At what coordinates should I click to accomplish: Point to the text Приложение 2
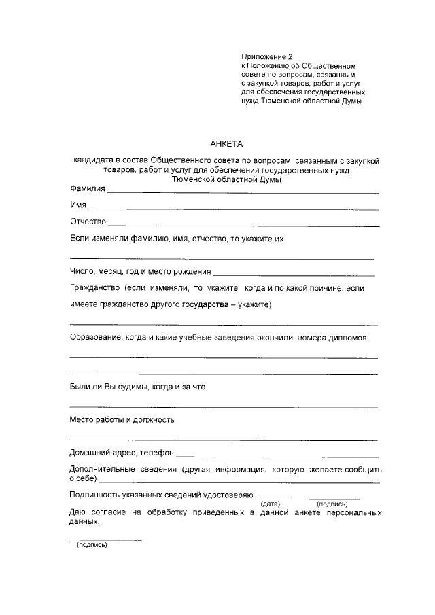pyautogui.click(x=266, y=56)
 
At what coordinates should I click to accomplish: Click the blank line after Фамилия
pyautogui.click(x=243, y=193)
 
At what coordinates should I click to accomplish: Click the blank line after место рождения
pyautogui.click(x=294, y=275)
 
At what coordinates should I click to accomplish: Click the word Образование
pyautogui.click(x=94, y=338)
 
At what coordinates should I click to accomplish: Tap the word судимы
pyautogui.click(x=126, y=387)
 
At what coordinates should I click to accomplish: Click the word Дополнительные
pyautogui.click(x=101, y=470)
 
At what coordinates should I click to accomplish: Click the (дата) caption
pyautogui.click(x=271, y=504)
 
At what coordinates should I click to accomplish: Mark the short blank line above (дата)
pyautogui.click(x=274, y=499)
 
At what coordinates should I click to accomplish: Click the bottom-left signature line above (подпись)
pyautogui.click(x=106, y=540)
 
